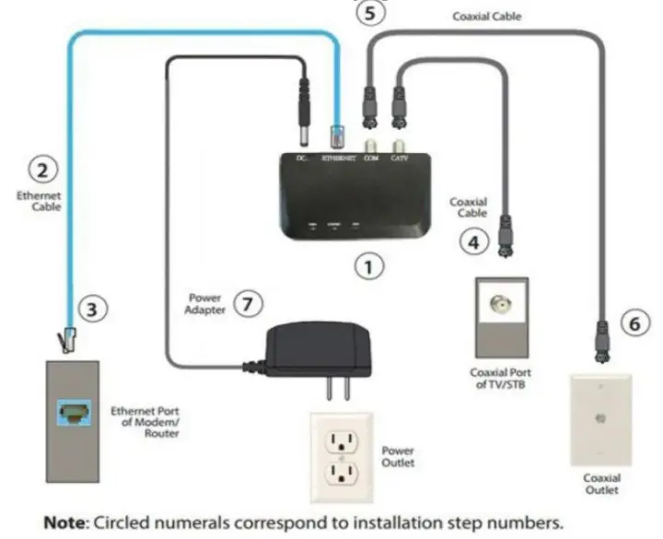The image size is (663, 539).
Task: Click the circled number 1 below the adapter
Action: click(x=367, y=267)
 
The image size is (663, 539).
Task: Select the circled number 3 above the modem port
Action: click(x=89, y=311)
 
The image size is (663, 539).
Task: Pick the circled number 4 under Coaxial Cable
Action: click(x=471, y=242)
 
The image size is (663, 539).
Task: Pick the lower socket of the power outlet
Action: click(x=342, y=475)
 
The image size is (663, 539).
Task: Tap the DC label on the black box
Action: click(x=301, y=159)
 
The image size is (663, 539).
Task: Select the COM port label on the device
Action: click(x=372, y=159)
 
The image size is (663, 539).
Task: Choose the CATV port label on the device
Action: click(x=399, y=159)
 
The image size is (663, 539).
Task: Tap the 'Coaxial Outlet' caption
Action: click(x=601, y=485)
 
